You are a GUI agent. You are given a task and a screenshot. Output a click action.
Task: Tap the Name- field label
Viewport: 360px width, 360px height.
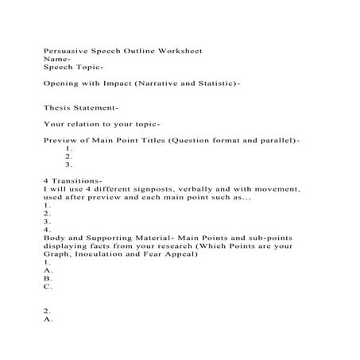[x=58, y=59]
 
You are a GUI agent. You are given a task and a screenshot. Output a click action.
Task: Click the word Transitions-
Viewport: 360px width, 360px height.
[x=77, y=181]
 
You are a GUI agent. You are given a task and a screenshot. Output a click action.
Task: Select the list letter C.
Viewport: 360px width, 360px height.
[x=48, y=287]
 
